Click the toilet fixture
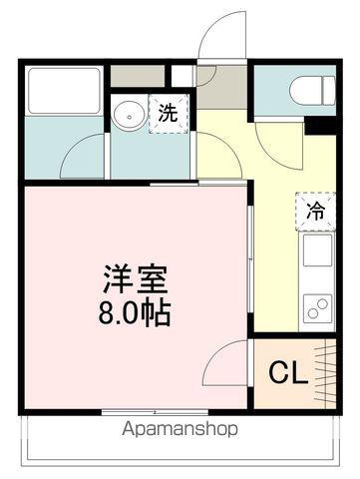click(312, 91)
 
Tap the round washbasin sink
click(129, 115)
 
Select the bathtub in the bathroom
click(64, 91)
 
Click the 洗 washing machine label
click(168, 113)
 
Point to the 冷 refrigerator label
click(315, 211)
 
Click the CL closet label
click(288, 373)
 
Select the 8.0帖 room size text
click(135, 313)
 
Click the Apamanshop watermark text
click(180, 429)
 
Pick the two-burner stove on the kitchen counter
click(317, 309)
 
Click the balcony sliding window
click(155, 412)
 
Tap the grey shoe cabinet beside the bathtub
click(138, 76)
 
